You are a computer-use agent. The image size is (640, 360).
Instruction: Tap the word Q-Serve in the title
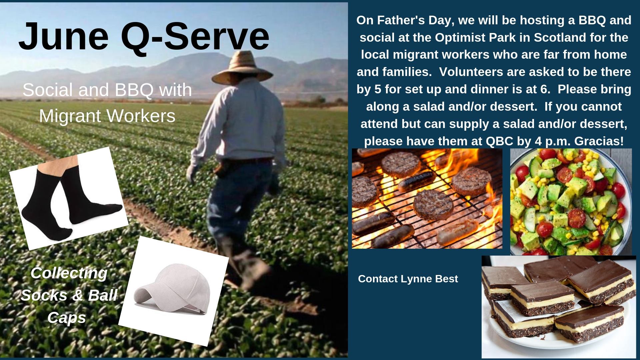pyautogui.click(x=195, y=36)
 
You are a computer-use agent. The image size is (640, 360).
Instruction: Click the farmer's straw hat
pyautogui.click(x=242, y=68)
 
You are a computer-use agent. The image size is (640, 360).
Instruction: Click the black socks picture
pyautogui.click(x=69, y=198)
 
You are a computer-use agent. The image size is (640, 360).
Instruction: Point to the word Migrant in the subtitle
pyautogui.click(x=70, y=116)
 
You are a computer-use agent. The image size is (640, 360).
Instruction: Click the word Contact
pyautogui.click(x=378, y=279)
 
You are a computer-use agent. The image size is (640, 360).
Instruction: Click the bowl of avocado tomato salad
pyautogui.click(x=571, y=202)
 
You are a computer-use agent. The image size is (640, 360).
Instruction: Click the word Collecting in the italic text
pyautogui.click(x=69, y=274)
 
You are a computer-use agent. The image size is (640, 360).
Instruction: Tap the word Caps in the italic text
pyautogui.click(x=67, y=317)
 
